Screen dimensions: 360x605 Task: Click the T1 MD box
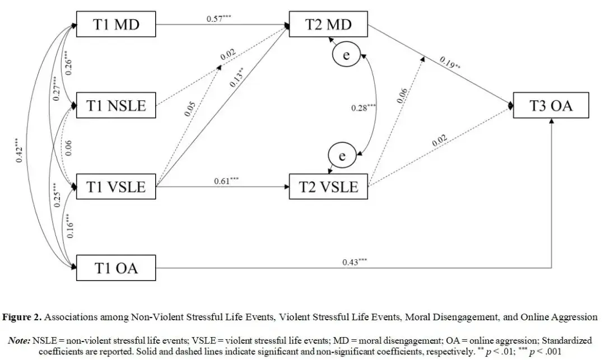point(116,25)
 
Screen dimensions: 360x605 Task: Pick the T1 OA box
point(116,268)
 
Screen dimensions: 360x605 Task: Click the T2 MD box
point(328,25)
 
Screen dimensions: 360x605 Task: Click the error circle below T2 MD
point(346,55)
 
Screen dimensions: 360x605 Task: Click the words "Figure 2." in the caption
point(24,317)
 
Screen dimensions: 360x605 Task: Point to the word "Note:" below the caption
point(20,340)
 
